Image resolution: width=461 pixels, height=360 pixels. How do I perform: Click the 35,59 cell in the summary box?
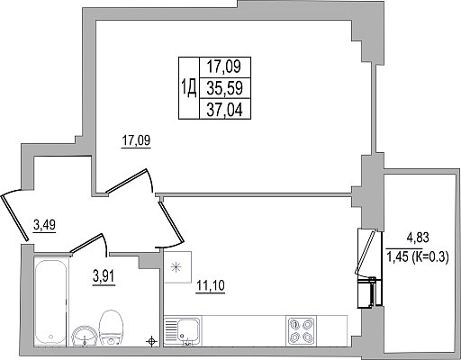click(225, 88)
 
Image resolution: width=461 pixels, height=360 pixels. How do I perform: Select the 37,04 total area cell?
click(225, 109)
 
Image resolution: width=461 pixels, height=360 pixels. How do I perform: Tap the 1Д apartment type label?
click(189, 88)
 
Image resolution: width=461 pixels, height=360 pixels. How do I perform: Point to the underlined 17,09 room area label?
click(136, 141)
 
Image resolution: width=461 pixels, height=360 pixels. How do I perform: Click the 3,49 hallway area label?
click(44, 225)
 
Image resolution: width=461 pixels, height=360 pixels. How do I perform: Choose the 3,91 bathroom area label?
click(104, 276)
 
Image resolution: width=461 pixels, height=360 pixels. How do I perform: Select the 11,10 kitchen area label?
click(210, 285)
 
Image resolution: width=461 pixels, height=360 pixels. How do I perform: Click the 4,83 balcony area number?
click(418, 238)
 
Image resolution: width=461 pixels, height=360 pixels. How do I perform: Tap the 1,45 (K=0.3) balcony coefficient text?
click(418, 256)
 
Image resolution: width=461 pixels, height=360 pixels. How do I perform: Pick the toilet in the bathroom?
click(111, 328)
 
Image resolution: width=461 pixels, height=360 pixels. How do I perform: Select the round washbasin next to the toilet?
click(85, 336)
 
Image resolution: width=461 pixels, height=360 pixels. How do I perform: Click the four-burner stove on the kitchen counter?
click(301, 330)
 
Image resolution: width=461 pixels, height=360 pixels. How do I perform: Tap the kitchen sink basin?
click(187, 329)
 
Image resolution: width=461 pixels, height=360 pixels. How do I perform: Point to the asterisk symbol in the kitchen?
click(176, 267)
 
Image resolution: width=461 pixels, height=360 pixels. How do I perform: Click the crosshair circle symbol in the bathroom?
click(151, 341)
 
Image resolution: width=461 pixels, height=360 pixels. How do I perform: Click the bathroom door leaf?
click(86, 243)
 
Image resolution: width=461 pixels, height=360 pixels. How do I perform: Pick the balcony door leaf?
click(366, 252)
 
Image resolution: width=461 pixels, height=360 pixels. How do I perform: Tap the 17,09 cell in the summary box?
click(225, 67)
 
